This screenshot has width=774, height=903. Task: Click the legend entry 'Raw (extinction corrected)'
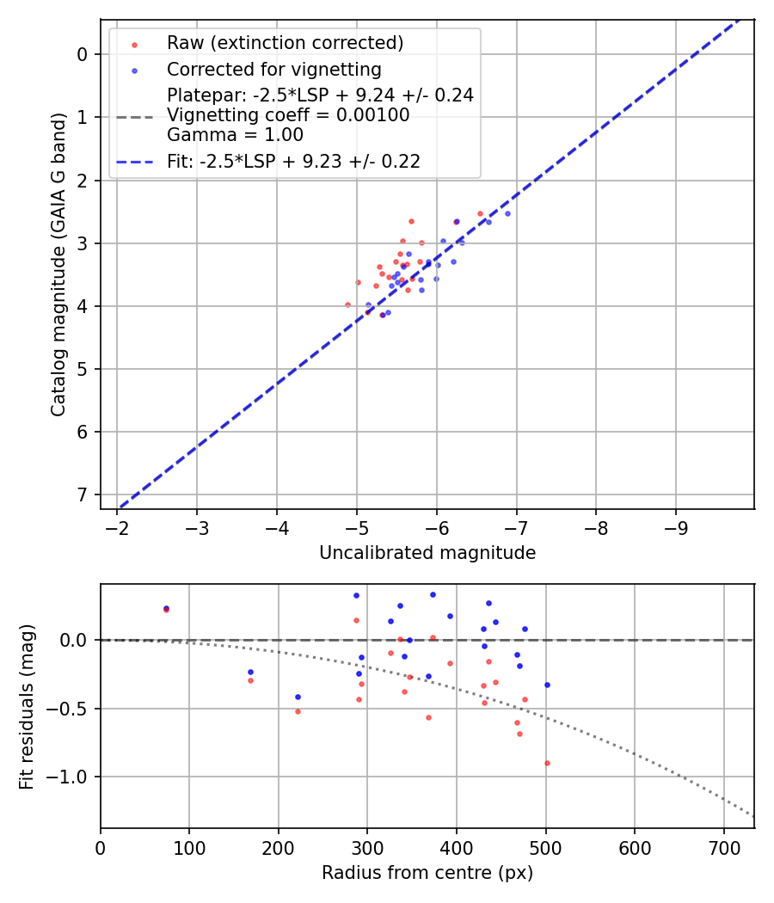click(285, 43)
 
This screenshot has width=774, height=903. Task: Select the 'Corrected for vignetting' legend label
click(274, 69)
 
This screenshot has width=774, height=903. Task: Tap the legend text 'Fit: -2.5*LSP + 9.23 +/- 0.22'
click(293, 161)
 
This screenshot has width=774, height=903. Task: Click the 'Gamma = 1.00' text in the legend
click(235, 135)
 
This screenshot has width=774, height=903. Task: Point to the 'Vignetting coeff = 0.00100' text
click(288, 115)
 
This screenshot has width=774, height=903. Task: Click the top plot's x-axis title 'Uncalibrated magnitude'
click(427, 553)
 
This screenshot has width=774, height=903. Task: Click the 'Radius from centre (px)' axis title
click(427, 873)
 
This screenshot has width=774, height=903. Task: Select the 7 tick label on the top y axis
click(83, 494)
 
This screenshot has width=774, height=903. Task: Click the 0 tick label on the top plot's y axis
click(83, 54)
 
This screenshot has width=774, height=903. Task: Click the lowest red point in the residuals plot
click(547, 763)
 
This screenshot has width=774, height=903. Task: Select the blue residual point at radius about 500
click(547, 685)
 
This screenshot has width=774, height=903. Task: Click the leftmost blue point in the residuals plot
click(166, 608)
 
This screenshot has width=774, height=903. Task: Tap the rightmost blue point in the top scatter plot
click(507, 213)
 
